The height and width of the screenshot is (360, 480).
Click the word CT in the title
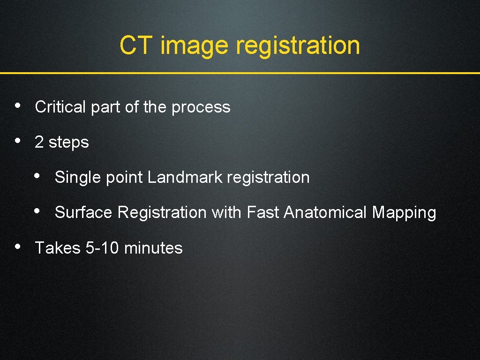pyautogui.click(x=135, y=45)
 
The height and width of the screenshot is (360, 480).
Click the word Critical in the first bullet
pyautogui.click(x=60, y=107)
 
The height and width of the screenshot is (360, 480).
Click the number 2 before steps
pyautogui.click(x=39, y=142)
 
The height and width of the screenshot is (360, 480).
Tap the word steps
pyautogui.click(x=68, y=142)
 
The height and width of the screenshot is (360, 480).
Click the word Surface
pyautogui.click(x=83, y=212)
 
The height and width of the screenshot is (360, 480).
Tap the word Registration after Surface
pyautogui.click(x=162, y=213)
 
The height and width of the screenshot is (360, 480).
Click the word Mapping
pyautogui.click(x=404, y=213)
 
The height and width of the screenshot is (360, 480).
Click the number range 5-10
pyautogui.click(x=102, y=247)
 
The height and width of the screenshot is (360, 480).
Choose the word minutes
pyautogui.click(x=153, y=247)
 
